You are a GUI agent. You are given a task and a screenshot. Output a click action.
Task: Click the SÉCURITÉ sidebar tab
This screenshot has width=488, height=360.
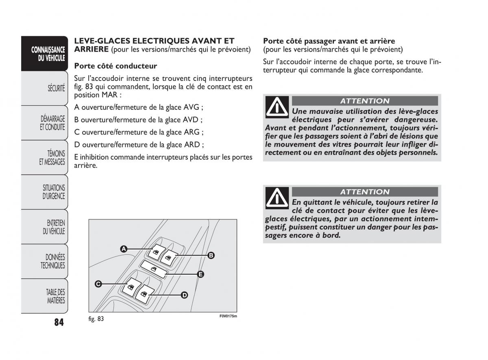56,88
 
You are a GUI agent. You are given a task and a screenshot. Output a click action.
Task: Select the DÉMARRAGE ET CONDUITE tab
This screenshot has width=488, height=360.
52,123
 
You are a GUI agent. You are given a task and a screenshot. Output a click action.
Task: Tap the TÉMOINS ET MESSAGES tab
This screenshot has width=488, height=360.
52,158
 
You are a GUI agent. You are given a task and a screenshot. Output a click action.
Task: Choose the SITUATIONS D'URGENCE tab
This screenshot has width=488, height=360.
54,192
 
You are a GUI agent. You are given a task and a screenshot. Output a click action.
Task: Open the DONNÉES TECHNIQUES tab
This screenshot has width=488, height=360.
53,261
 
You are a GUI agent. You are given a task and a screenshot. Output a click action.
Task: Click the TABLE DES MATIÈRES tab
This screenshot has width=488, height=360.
55,296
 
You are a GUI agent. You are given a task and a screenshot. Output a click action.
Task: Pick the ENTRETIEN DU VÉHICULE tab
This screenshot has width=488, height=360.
54,227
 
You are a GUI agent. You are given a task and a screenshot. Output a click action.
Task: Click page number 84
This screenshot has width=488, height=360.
58,322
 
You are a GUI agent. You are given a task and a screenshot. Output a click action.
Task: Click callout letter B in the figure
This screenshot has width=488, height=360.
211,256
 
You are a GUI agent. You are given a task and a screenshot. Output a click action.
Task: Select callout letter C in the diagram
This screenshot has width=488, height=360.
98,284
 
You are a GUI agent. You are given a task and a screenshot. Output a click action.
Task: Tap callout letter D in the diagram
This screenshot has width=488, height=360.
184,295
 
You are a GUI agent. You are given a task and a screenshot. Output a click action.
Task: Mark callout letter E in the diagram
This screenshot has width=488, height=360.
200,274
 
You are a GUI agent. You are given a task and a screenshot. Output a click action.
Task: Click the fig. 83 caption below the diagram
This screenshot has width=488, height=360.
96,319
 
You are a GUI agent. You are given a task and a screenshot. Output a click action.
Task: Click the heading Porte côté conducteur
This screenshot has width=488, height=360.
115,66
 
